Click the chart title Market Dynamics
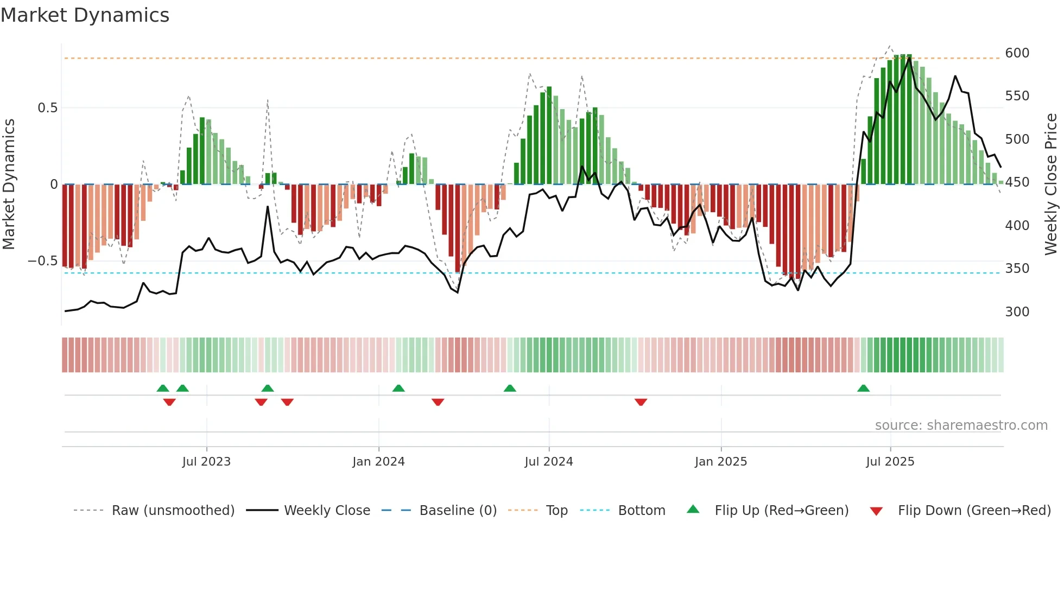[x=85, y=15]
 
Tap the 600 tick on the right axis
[x=1017, y=53]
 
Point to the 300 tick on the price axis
[x=1017, y=312]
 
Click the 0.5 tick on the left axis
[x=47, y=108]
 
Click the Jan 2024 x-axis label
[x=378, y=462]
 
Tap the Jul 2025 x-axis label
[x=890, y=462]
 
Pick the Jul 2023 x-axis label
[x=206, y=462]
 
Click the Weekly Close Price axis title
[x=1051, y=185]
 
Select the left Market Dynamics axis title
[x=9, y=185]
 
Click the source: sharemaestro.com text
[x=961, y=425]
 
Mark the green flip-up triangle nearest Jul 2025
[x=863, y=389]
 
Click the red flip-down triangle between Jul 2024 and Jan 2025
[x=641, y=402]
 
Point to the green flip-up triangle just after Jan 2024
[x=398, y=389]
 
